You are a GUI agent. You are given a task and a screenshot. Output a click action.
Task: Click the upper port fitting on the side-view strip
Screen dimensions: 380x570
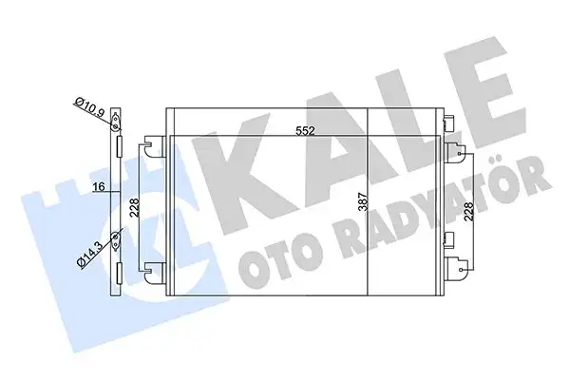coord(115,123)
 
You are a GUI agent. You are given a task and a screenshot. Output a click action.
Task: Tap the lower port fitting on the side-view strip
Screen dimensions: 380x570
coord(115,238)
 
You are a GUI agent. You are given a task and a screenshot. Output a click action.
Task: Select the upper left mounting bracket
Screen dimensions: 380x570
coord(152,146)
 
